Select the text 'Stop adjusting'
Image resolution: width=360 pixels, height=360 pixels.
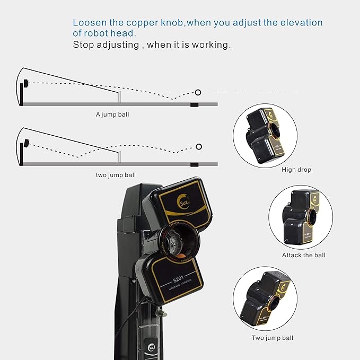click(x=105, y=45)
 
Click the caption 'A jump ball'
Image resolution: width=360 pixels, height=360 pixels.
click(x=112, y=114)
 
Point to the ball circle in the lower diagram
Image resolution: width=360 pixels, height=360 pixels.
click(x=199, y=146)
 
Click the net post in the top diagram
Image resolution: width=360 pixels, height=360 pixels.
click(x=120, y=96)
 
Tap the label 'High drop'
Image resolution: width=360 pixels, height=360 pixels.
click(x=296, y=170)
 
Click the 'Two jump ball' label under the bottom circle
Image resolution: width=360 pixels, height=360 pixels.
click(x=272, y=338)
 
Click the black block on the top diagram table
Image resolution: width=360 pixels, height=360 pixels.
click(x=195, y=104)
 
